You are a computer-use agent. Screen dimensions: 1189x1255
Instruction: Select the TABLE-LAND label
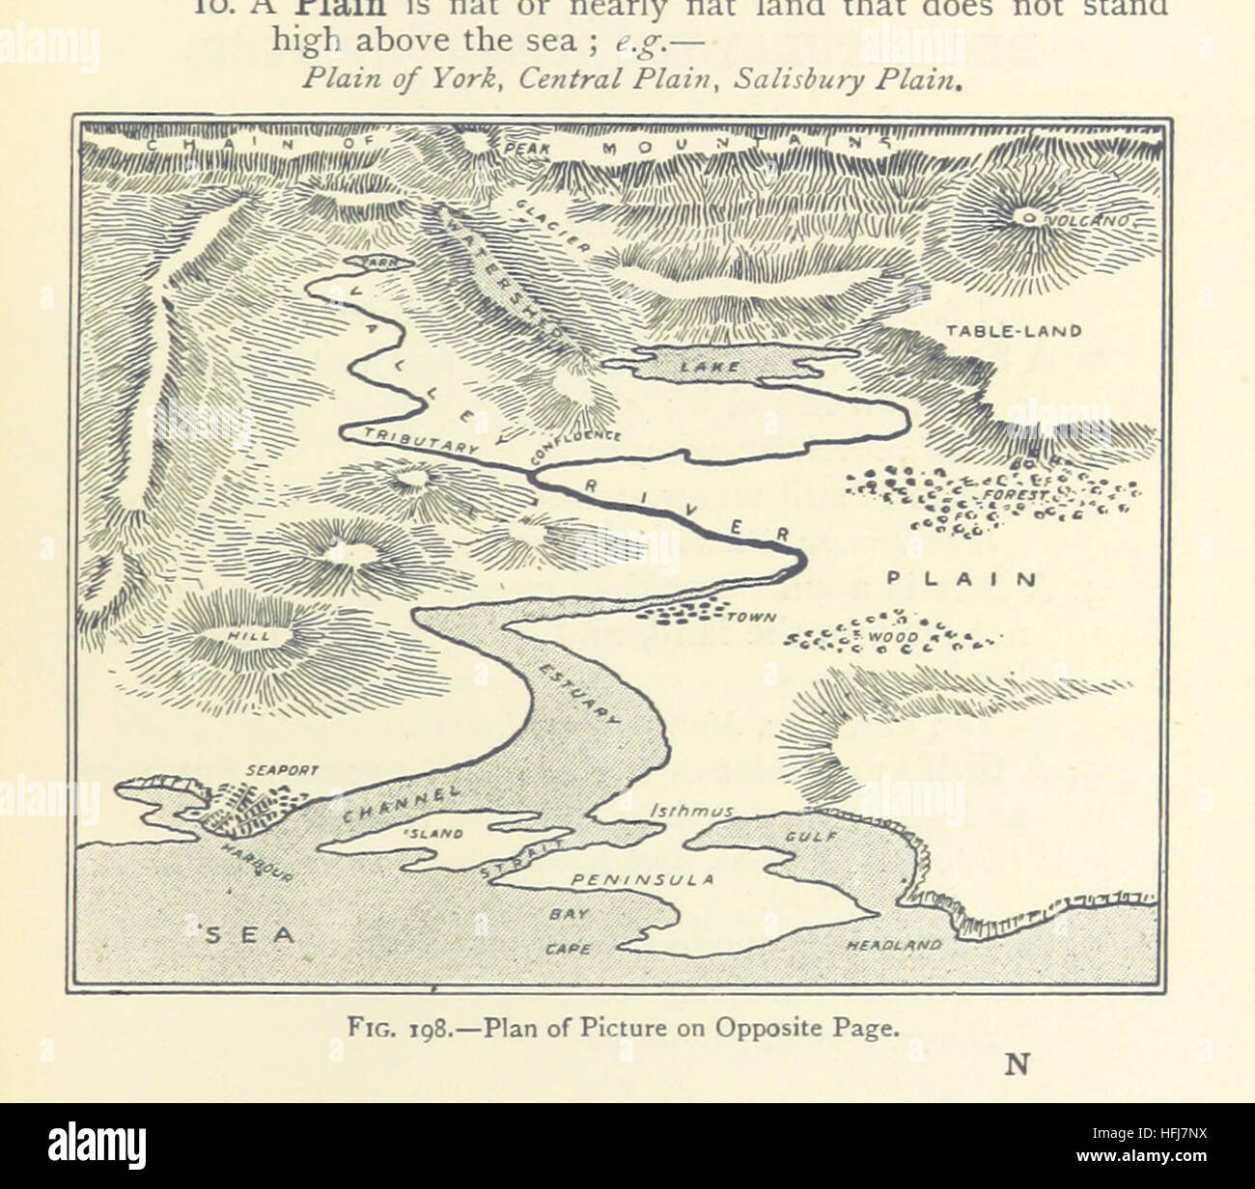1013,331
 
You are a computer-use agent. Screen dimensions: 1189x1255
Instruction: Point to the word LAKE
710,367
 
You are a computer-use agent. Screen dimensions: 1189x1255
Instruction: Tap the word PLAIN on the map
962,580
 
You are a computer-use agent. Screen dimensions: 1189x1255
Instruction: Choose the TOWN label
750,619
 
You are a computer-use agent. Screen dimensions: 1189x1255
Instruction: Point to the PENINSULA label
642,880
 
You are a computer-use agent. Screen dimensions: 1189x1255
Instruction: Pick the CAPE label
569,949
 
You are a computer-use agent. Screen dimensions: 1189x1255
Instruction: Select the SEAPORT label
282,771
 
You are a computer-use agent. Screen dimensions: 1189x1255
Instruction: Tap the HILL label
235,637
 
